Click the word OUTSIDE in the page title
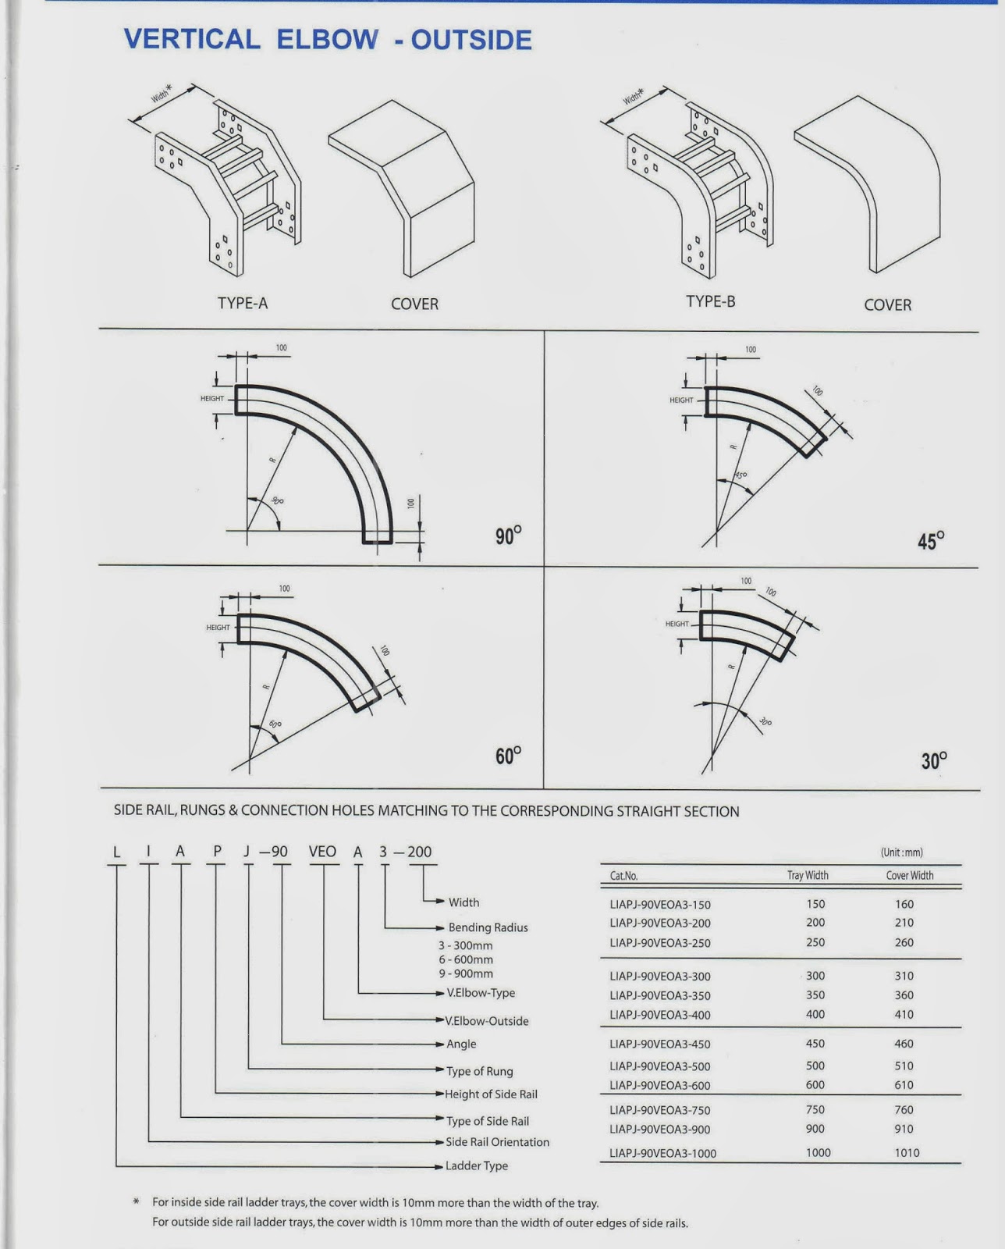[471, 40]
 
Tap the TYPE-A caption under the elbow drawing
[243, 304]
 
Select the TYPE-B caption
[710, 301]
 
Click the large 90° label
[508, 536]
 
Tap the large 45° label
[931, 541]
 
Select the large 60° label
[508, 756]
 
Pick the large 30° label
[934, 760]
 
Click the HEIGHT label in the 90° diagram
[211, 399]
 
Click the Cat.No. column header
[624, 876]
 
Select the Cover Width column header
[909, 876]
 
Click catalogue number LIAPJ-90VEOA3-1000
[662, 1154]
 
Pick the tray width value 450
[815, 1044]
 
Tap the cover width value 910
[904, 1129]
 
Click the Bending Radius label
[488, 928]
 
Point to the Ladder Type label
[476, 1166]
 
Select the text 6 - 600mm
[466, 960]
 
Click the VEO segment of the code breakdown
[322, 852]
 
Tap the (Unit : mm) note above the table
[901, 852]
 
